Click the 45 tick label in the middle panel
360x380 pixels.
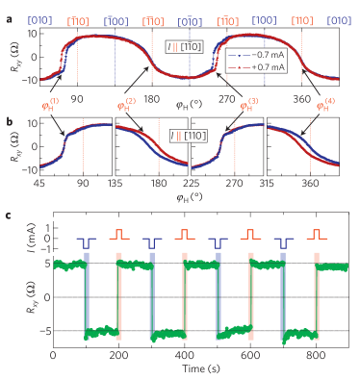pos(43,183)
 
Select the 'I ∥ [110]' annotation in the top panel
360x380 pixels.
pos(183,48)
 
